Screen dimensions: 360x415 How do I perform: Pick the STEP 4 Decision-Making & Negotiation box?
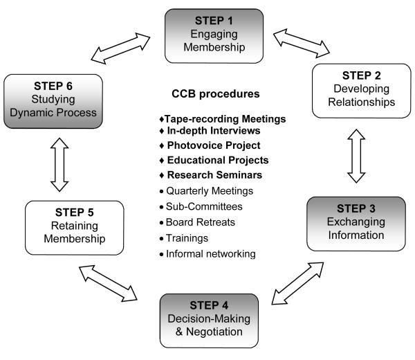(209, 316)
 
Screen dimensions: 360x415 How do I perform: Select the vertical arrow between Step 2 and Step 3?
(356, 158)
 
